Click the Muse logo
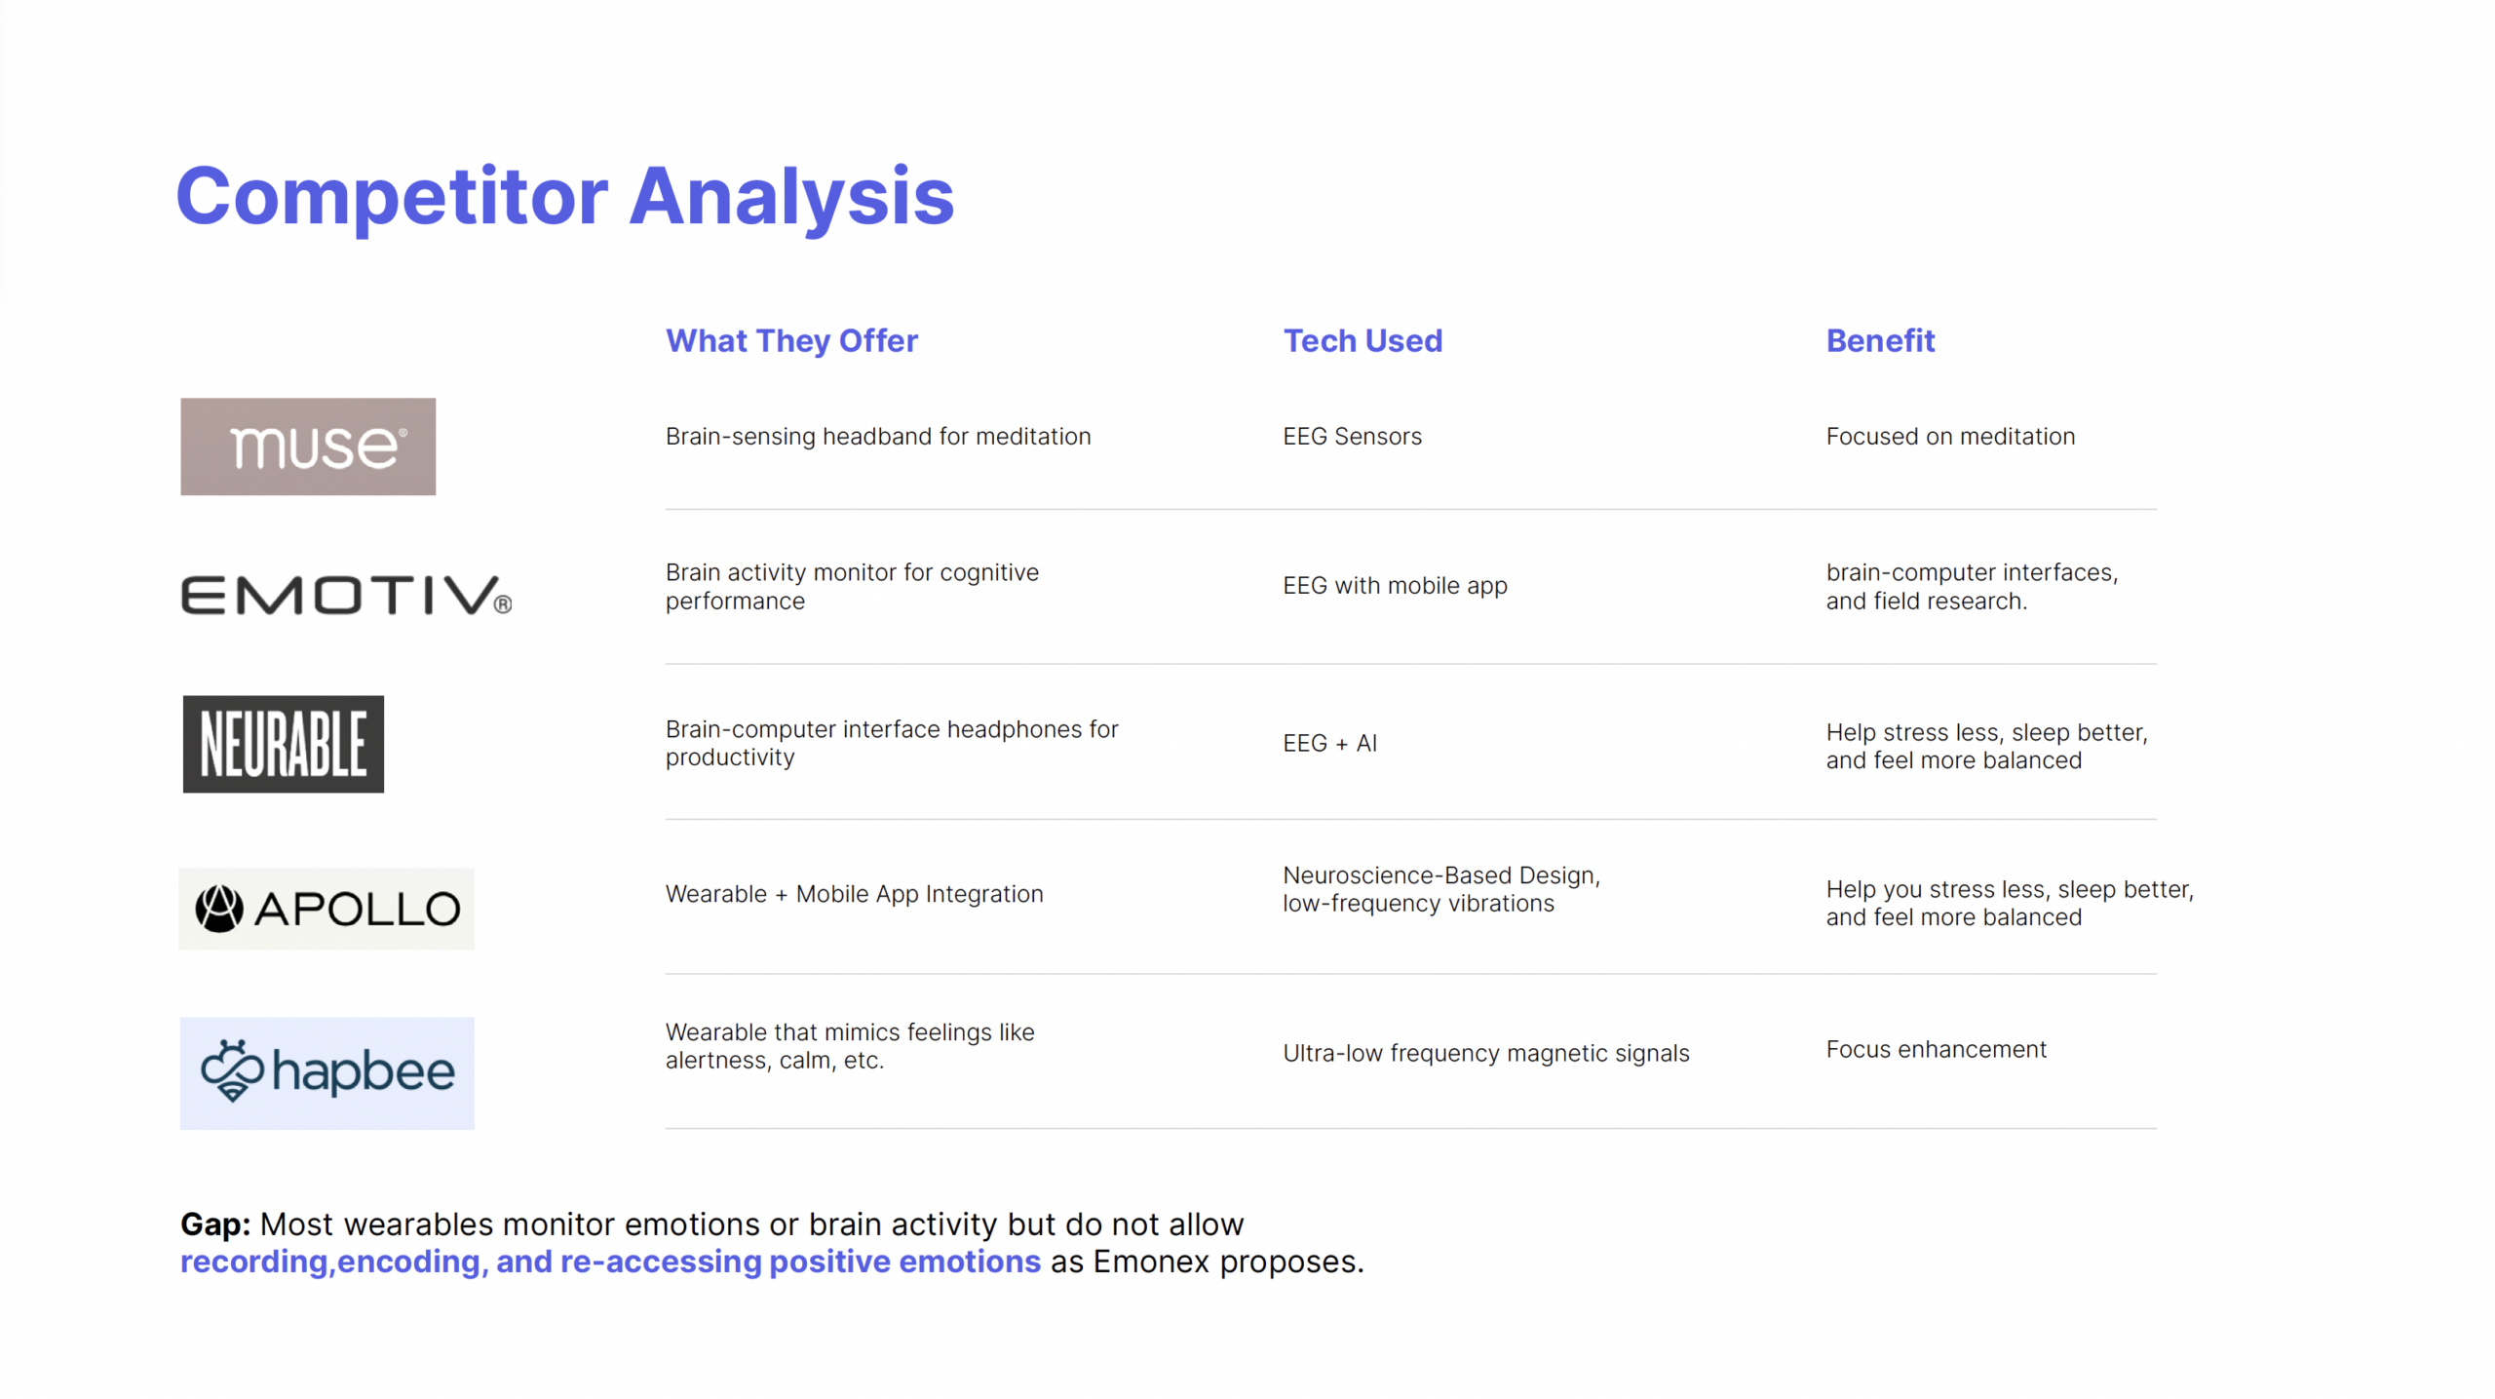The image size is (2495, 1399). tap(308, 447)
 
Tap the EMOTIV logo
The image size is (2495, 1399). tap(346, 596)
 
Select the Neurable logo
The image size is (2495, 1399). tap(284, 744)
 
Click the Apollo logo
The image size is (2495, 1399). tap(326, 909)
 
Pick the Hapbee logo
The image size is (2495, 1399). tap(327, 1073)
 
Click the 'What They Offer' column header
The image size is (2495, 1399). tap(791, 341)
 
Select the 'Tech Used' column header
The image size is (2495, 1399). tap(1363, 341)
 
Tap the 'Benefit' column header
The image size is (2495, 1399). tap(1880, 341)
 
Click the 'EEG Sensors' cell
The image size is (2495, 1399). tap(1352, 437)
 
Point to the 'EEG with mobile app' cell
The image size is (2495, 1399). tap(1395, 586)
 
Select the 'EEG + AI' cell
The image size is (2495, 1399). tap(1329, 744)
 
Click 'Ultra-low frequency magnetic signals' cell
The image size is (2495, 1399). tap(1485, 1053)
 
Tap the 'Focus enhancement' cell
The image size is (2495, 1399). tap(1936, 1049)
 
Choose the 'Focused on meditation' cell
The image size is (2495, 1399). tap(1950, 437)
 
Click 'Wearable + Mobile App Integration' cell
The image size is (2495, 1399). tap(854, 894)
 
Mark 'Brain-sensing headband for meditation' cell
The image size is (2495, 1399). tap(878, 437)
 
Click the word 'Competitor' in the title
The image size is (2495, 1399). tap(392, 198)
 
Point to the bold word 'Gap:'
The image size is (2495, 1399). tap(215, 1224)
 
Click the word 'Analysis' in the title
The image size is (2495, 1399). tap(791, 198)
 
